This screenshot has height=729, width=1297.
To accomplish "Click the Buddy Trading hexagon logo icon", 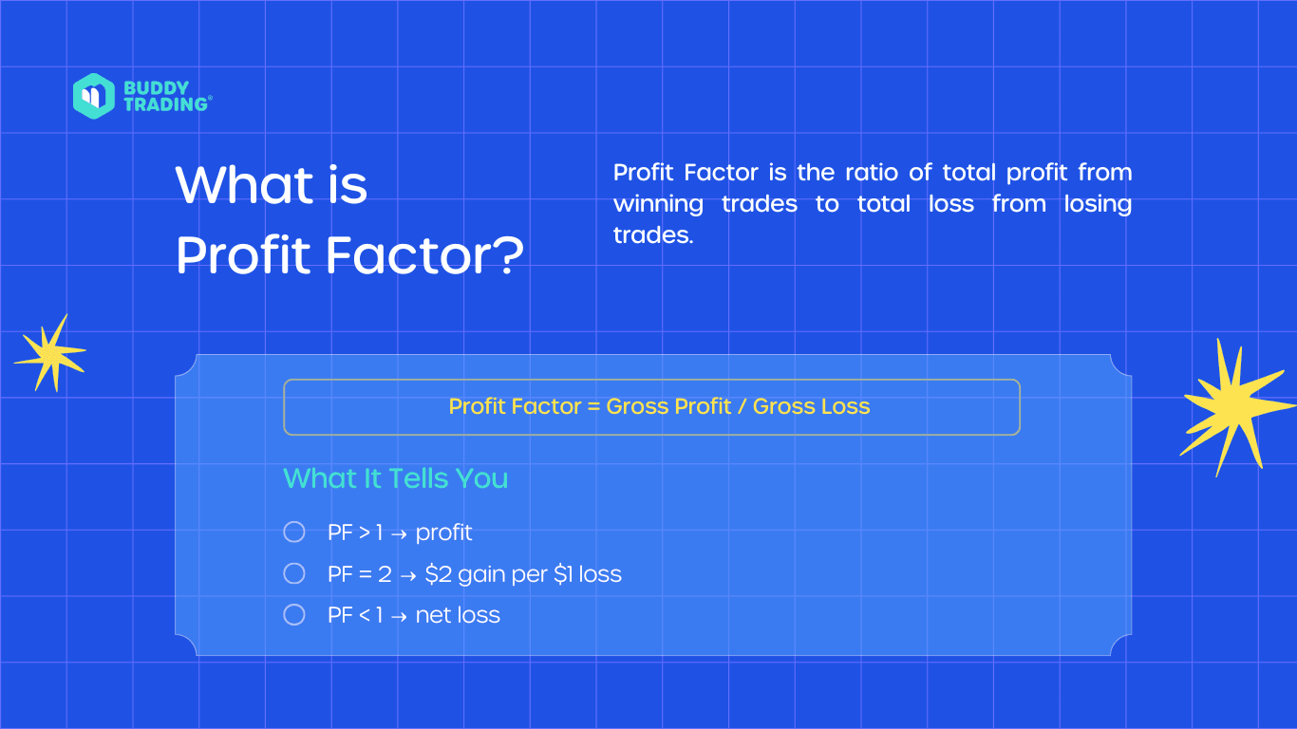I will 93,96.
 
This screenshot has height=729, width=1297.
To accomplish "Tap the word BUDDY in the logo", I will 156,87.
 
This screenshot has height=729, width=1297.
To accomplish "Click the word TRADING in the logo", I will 165,104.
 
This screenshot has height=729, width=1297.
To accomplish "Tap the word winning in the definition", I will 658,204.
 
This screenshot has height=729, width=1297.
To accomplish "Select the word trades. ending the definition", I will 653,235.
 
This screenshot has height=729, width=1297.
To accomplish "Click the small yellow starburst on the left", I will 49,353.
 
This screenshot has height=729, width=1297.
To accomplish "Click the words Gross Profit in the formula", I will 669,407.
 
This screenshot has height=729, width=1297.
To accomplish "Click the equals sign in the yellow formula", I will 593,407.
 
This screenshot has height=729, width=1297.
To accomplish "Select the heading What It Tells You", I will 395,478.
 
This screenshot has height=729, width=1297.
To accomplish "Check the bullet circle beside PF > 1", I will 294,533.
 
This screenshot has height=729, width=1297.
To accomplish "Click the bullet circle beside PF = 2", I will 294,573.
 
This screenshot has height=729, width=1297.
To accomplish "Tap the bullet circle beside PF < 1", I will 294,615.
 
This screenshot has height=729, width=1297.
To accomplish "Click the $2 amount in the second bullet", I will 438,574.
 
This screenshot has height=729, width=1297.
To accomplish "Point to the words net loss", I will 458,615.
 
